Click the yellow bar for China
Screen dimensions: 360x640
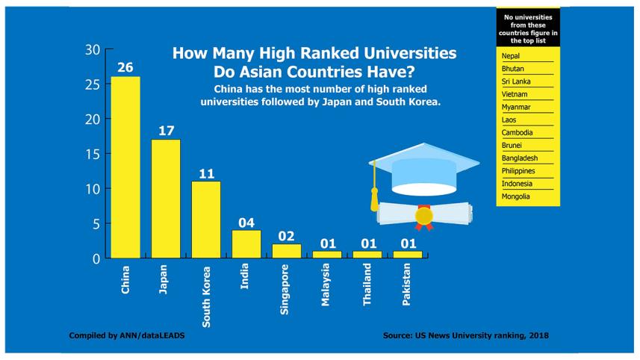click(125, 167)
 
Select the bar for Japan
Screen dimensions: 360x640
click(165, 199)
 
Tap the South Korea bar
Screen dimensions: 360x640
click(205, 220)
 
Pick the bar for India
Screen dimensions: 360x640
click(246, 244)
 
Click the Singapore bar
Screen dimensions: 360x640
click(286, 251)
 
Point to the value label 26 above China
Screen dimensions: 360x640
click(125, 68)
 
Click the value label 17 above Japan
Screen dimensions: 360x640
click(165, 131)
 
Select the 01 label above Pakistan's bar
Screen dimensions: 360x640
click(407, 243)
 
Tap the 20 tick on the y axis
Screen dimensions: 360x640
click(92, 120)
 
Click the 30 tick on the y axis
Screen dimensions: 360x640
click(92, 50)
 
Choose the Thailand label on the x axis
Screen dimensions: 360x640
click(367, 286)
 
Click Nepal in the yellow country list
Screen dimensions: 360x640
click(512, 56)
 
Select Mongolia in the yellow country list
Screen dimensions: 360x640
click(516, 196)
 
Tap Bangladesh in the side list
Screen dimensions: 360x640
click(520, 158)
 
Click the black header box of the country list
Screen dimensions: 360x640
click(528, 28)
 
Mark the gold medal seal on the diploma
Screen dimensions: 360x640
click(424, 216)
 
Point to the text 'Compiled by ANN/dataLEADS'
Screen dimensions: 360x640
click(126, 335)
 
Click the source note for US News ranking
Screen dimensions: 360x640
click(466, 335)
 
